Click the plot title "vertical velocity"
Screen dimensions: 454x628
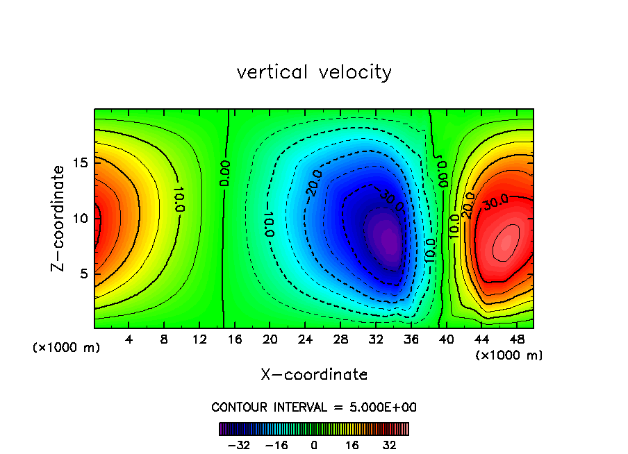pyautogui.click(x=314, y=72)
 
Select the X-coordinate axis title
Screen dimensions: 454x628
pyautogui.click(x=314, y=375)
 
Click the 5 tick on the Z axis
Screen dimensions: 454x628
pyautogui.click(x=81, y=274)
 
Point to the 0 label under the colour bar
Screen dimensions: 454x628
pyautogui.click(x=314, y=445)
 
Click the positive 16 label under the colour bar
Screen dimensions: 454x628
pyautogui.click(x=352, y=445)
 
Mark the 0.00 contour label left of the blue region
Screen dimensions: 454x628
pyautogui.click(x=225, y=173)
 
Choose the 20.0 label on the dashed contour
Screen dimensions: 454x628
pyautogui.click(x=313, y=183)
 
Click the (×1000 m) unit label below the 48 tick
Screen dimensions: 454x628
pyautogui.click(x=509, y=355)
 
